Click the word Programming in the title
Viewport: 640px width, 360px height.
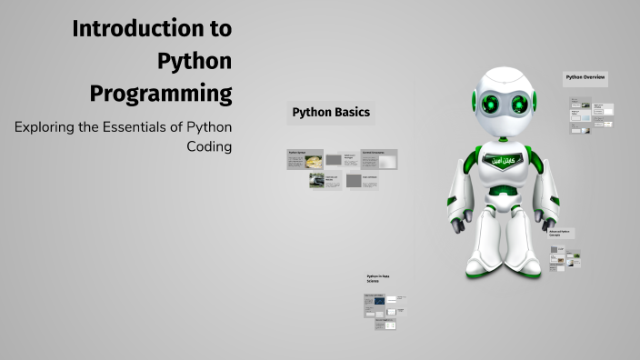[x=161, y=94]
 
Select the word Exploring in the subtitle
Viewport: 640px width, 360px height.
[x=45, y=126]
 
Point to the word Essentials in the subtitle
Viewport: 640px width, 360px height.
[x=139, y=126]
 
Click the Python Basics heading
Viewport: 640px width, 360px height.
[x=331, y=113]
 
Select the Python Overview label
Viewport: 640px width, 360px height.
[x=585, y=78]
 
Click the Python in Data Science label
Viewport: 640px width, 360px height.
[x=378, y=278]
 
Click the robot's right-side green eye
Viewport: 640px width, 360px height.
[x=522, y=99]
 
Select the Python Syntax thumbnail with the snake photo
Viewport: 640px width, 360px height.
[x=313, y=162]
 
